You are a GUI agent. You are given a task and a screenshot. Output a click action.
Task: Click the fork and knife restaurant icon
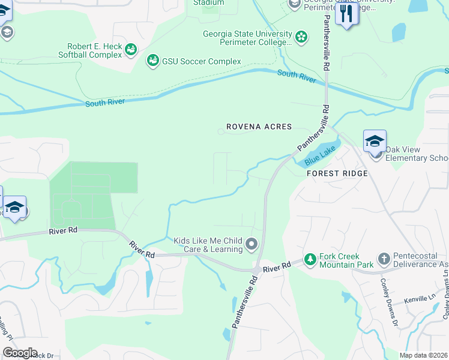pyautogui.click(x=346, y=14)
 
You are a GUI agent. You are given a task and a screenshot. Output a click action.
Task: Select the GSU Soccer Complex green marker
pyautogui.click(x=152, y=61)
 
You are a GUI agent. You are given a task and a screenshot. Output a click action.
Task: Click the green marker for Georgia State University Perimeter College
pyautogui.click(x=301, y=38)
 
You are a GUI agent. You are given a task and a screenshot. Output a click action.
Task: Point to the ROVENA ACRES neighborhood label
pyautogui.click(x=259, y=127)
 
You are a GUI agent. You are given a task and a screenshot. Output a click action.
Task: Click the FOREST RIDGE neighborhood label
pyautogui.click(x=337, y=173)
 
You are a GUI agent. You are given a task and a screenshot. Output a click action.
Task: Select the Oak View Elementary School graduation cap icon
pyautogui.click(x=375, y=142)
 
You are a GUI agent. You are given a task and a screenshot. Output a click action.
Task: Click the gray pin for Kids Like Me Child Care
pyautogui.click(x=252, y=244)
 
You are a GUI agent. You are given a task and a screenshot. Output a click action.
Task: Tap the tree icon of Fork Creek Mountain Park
pyautogui.click(x=310, y=260)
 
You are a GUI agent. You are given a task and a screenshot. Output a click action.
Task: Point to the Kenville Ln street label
pyautogui.click(x=420, y=298)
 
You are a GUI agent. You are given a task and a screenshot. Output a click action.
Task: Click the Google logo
pyautogui.click(x=20, y=352)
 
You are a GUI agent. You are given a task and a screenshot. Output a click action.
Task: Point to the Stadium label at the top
pyautogui.click(x=208, y=3)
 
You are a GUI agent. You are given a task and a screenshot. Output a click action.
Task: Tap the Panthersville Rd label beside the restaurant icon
pyautogui.click(x=327, y=36)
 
